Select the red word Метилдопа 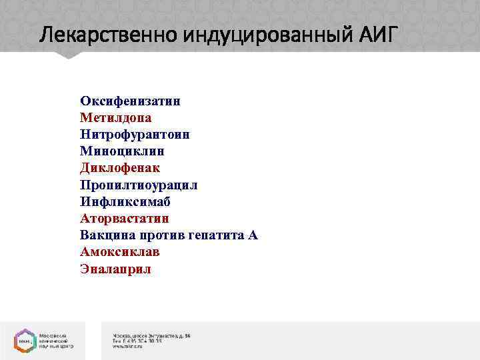point(115,118)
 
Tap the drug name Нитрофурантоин point(135,135)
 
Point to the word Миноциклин point(121,151)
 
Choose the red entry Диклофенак point(120,168)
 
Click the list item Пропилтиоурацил point(139,185)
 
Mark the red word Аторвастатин point(125,218)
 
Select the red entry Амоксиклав point(120,252)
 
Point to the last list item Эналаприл point(115,269)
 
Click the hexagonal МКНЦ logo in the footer point(23,339)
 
